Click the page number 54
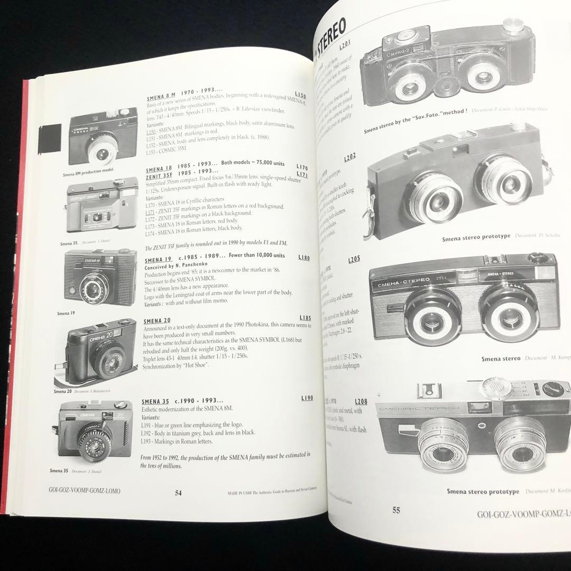(x=178, y=493)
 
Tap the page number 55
(x=396, y=510)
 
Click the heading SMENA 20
(x=157, y=321)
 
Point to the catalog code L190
(x=307, y=398)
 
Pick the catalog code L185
(x=305, y=318)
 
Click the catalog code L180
(x=304, y=257)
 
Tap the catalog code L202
(x=350, y=157)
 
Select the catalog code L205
(x=354, y=260)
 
